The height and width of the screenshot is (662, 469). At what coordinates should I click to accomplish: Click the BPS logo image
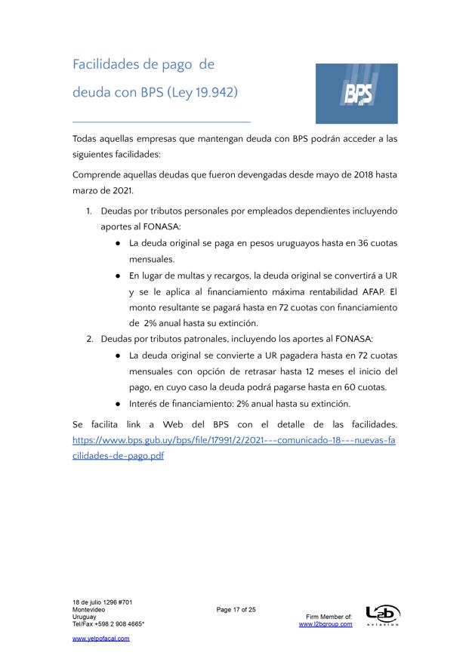point(356,94)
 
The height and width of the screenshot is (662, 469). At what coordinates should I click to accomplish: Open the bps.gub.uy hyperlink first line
point(234,440)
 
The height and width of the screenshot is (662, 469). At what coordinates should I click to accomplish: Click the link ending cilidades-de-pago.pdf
point(118,456)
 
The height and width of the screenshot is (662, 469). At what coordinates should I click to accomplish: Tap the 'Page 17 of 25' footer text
point(236,609)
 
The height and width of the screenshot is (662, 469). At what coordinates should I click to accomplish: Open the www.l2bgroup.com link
point(326,624)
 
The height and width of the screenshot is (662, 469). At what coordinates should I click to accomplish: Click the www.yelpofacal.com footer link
point(100,639)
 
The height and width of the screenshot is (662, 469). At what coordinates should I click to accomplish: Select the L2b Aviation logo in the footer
point(382,615)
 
